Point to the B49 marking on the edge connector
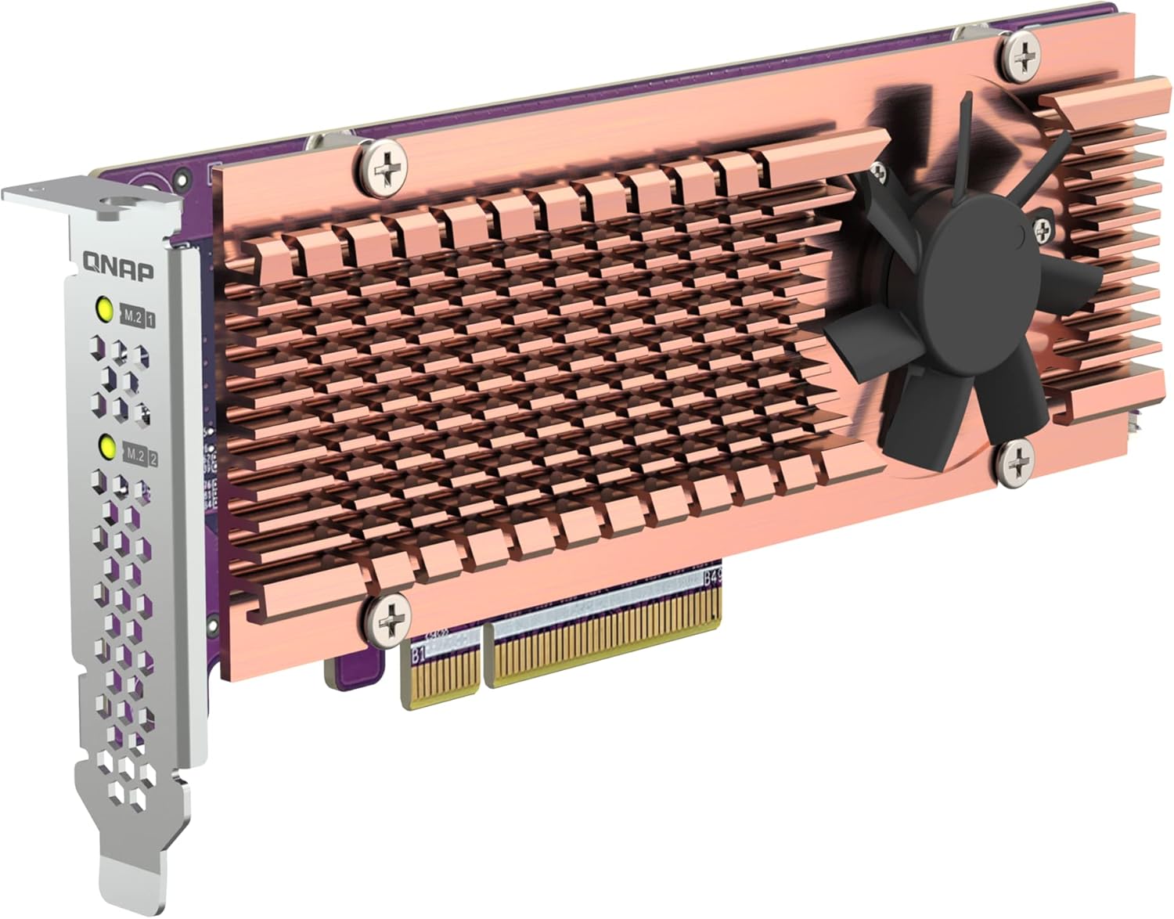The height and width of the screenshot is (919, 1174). [x=711, y=581]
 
